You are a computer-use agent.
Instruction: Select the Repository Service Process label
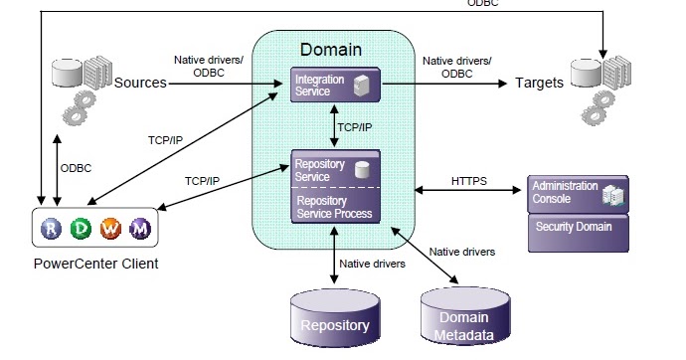click(x=333, y=207)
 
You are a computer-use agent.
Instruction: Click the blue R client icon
click(x=52, y=230)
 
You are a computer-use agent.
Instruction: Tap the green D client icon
click(x=83, y=230)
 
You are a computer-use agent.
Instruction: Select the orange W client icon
click(x=111, y=230)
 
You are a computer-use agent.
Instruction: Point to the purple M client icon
click(x=141, y=230)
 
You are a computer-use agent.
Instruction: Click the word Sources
click(x=139, y=83)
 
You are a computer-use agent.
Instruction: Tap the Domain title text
click(x=331, y=47)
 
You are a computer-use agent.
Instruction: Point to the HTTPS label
click(x=469, y=181)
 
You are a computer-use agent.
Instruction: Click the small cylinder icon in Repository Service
click(x=364, y=170)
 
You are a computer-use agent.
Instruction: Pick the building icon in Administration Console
click(x=613, y=195)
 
